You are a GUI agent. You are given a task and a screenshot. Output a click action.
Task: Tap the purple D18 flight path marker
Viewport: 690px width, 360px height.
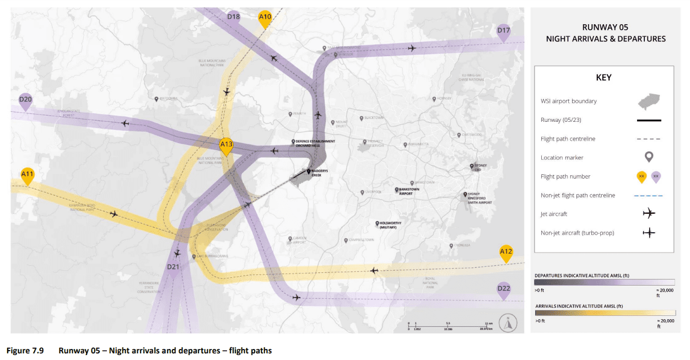point(233,17)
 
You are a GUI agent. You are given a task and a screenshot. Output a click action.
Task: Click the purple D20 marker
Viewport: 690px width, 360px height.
point(25,100)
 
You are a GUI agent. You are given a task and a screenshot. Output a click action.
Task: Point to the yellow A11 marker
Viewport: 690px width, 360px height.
point(28,175)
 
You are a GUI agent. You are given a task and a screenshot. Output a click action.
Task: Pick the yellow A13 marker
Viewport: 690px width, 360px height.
point(226,146)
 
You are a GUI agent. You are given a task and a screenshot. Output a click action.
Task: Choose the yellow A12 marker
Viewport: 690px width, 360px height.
point(506,252)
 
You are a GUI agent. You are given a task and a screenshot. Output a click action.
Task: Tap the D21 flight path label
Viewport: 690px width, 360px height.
point(174,267)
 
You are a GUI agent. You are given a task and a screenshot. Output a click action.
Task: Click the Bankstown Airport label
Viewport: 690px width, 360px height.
point(406,192)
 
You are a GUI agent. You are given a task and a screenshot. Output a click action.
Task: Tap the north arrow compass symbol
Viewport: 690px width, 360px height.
point(507,324)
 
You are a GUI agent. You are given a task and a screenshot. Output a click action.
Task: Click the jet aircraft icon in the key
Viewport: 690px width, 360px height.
point(649,213)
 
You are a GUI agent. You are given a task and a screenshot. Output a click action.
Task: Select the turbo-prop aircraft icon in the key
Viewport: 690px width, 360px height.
point(649,232)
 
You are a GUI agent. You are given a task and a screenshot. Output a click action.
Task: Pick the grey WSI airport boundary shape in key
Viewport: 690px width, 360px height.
point(649,102)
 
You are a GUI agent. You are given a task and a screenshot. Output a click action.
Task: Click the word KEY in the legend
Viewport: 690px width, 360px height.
point(603,78)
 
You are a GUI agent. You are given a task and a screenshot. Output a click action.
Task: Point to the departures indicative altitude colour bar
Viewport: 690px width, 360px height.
point(605,281)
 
